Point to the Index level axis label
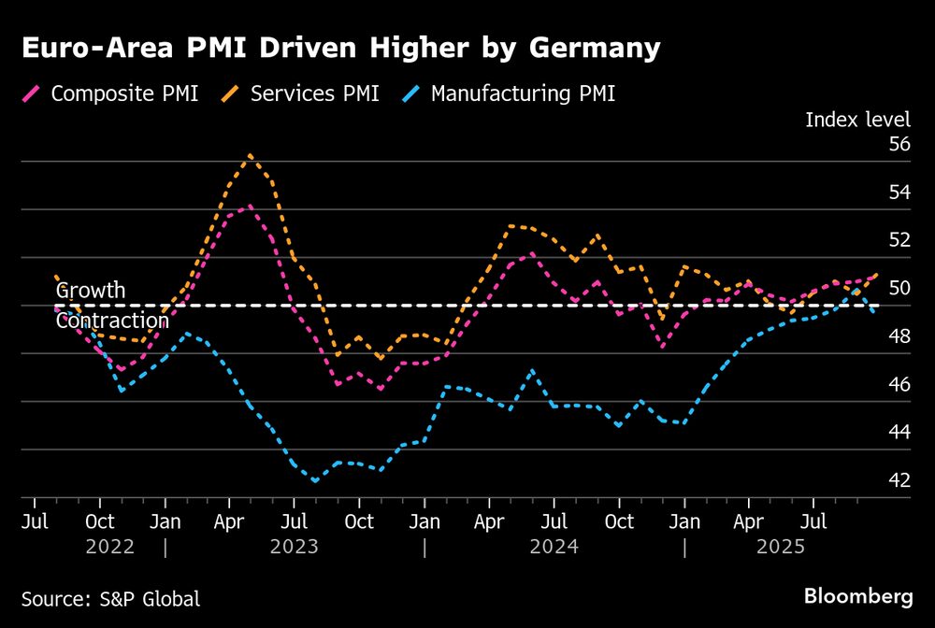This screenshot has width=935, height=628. click(x=857, y=119)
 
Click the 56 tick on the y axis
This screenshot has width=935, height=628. click(x=899, y=144)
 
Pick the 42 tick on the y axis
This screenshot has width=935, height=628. click(x=899, y=480)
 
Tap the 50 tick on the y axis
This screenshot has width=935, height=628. click(x=899, y=288)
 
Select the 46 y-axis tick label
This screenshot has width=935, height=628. click(x=899, y=384)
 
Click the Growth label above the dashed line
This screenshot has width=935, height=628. click(x=90, y=291)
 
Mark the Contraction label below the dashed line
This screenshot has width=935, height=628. click(x=112, y=321)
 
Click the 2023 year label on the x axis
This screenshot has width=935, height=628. click(x=295, y=546)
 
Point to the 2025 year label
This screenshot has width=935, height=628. click(x=781, y=546)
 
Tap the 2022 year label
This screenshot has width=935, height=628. click(x=110, y=546)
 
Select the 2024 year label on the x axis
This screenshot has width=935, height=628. click(x=554, y=546)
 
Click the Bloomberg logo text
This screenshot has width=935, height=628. click(x=857, y=595)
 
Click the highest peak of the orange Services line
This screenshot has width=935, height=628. click(x=250, y=155)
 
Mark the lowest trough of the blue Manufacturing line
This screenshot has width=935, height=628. click(x=315, y=480)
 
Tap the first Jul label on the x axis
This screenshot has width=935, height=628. click(x=36, y=521)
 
